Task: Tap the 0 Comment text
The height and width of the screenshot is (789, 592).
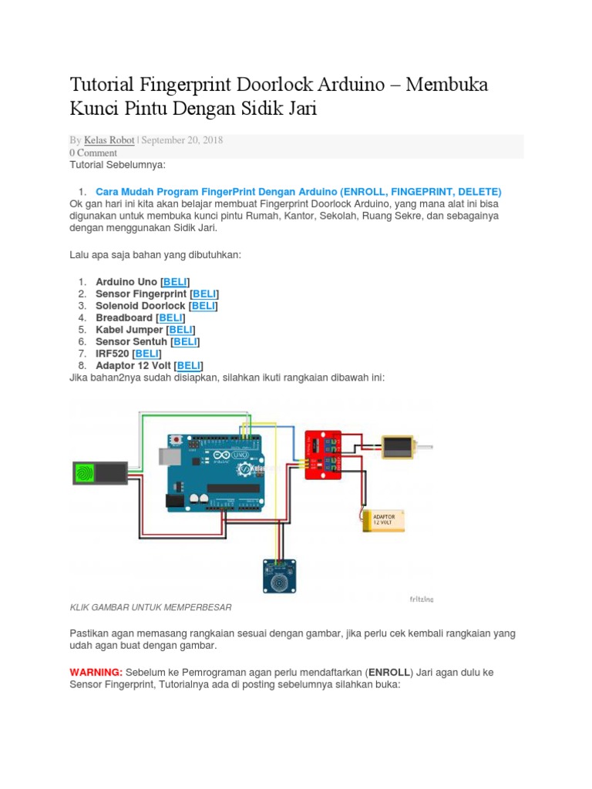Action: (x=93, y=153)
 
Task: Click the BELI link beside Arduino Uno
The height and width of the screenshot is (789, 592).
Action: (x=175, y=282)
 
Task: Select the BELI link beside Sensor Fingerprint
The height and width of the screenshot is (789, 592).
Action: (x=204, y=294)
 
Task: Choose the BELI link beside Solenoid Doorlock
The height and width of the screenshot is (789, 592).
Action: (x=203, y=306)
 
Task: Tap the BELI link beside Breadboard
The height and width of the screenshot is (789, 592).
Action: (x=170, y=317)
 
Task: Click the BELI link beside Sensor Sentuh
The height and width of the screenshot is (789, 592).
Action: (x=185, y=341)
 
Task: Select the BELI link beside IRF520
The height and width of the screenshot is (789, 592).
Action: (x=147, y=353)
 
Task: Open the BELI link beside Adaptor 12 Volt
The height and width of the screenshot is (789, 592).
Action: (x=189, y=365)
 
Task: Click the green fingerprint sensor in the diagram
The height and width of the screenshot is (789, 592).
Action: (x=99, y=472)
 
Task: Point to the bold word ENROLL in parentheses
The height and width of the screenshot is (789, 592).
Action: (x=389, y=672)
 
